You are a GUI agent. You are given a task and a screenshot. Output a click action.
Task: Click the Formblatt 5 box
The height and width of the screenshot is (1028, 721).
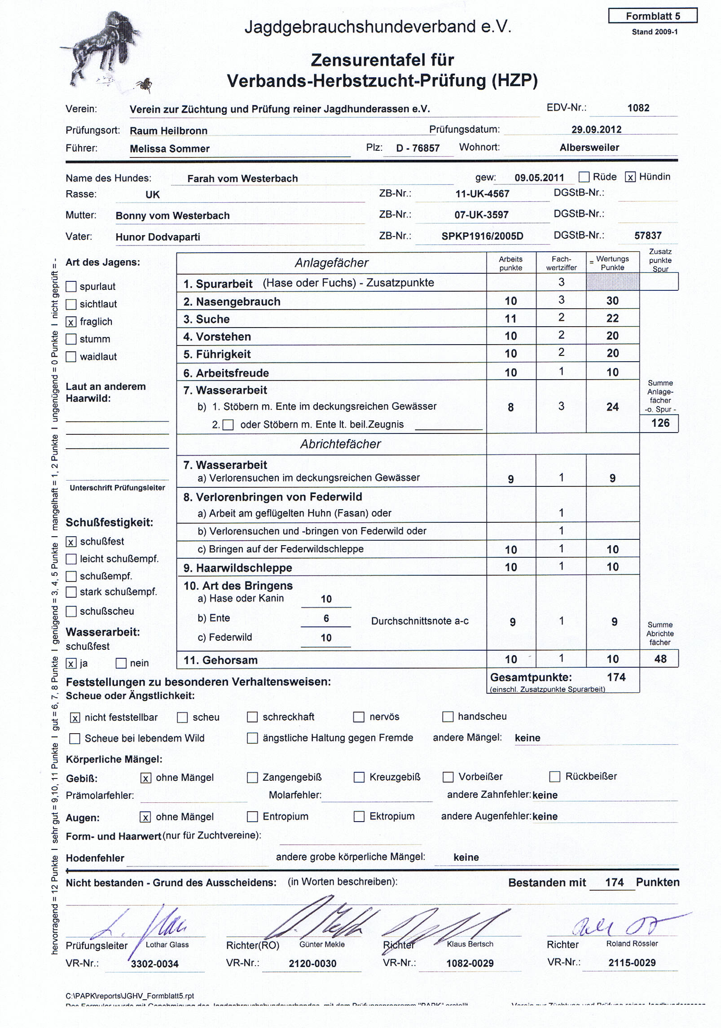pyautogui.click(x=653, y=16)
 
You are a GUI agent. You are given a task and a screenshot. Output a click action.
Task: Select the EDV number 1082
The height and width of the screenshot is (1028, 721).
pyautogui.click(x=638, y=108)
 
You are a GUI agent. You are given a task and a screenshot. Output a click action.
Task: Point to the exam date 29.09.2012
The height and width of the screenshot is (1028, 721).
pyautogui.click(x=596, y=130)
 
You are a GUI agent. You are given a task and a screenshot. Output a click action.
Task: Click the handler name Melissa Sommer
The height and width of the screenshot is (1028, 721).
pyautogui.click(x=170, y=149)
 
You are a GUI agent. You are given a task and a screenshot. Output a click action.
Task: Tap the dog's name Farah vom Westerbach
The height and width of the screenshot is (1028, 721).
pyautogui.click(x=242, y=179)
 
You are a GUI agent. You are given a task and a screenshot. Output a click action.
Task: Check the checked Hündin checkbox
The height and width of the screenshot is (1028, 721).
pyautogui.click(x=630, y=177)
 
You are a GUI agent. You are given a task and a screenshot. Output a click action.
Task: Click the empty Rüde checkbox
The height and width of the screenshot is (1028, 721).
pyautogui.click(x=584, y=177)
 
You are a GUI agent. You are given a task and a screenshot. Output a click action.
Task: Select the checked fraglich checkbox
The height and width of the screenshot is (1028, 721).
pyautogui.click(x=71, y=322)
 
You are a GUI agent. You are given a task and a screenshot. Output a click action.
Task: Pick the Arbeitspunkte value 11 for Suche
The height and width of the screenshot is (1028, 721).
pyautogui.click(x=510, y=319)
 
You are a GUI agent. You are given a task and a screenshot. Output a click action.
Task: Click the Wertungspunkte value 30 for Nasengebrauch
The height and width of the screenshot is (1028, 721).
pyautogui.click(x=612, y=301)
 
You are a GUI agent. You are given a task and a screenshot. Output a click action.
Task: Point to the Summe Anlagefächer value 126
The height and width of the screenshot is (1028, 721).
pyautogui.click(x=660, y=423)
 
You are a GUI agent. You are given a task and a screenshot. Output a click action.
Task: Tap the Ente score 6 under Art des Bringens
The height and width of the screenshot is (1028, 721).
pyautogui.click(x=326, y=618)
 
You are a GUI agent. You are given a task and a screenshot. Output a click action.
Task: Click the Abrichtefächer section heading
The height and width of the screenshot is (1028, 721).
pyautogui.click(x=340, y=444)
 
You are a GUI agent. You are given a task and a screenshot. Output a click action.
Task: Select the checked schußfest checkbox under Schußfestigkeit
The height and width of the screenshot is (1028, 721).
pyautogui.click(x=71, y=542)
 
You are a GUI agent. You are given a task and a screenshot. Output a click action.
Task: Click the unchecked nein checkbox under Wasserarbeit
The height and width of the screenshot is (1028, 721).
pyautogui.click(x=121, y=663)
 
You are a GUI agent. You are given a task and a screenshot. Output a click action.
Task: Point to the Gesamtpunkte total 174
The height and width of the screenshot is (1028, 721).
pyautogui.click(x=616, y=677)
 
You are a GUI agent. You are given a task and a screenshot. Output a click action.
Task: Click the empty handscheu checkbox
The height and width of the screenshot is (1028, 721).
pyautogui.click(x=448, y=717)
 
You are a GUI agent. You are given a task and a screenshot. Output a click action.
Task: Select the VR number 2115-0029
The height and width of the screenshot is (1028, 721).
pyautogui.click(x=632, y=962)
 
